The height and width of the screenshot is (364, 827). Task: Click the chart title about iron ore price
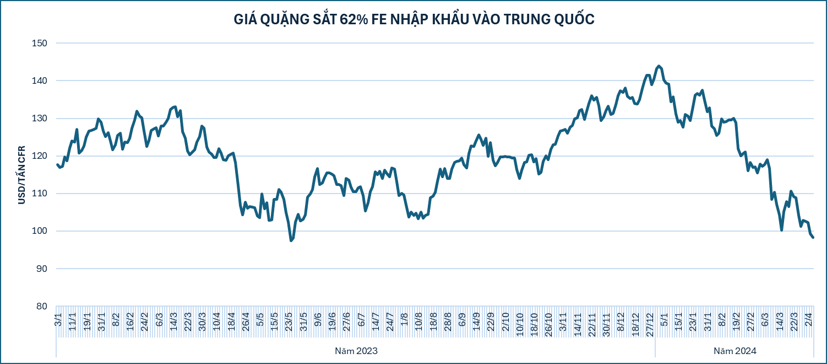pyautogui.click(x=414, y=19)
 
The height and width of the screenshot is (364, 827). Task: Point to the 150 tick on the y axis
pyautogui.click(x=40, y=44)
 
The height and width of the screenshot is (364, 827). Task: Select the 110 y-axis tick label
pyautogui.click(x=40, y=194)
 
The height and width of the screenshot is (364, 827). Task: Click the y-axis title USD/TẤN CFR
pyautogui.click(x=22, y=175)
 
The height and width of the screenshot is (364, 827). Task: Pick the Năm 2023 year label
pyautogui.click(x=356, y=351)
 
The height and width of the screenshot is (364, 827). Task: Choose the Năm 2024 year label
pyautogui.click(x=735, y=351)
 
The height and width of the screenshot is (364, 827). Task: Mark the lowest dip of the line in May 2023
pyautogui.click(x=291, y=240)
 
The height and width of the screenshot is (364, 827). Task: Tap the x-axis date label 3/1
pyautogui.click(x=58, y=319)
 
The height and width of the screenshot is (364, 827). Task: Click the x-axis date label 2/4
pyautogui.click(x=809, y=319)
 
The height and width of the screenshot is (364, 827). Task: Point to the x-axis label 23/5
pyautogui.click(x=289, y=322)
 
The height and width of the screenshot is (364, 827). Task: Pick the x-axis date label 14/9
pyautogui.click(x=476, y=322)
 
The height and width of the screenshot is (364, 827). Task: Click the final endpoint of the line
pyautogui.click(x=813, y=237)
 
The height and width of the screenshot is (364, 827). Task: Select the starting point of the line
pyautogui.click(x=57, y=164)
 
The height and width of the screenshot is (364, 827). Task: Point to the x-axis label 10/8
pyautogui.click(x=418, y=322)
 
